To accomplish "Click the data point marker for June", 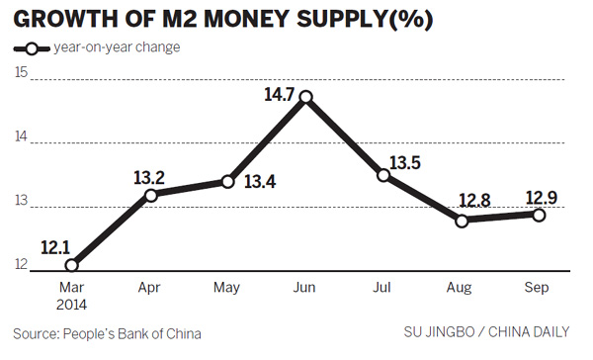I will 306,97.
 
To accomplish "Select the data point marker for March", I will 70,264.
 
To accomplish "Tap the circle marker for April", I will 149,195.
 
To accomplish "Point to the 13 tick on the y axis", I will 20,204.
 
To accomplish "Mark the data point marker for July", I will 384,175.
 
